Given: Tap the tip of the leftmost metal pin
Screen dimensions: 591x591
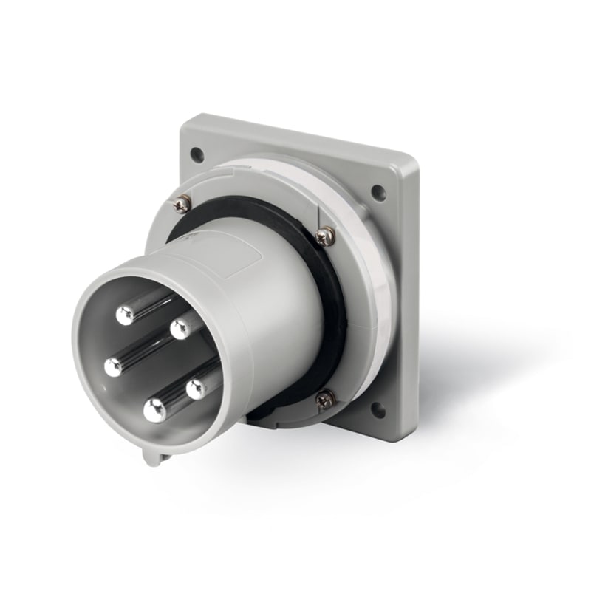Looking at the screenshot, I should click(113, 366).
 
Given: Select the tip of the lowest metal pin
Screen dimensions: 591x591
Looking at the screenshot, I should click(154, 410).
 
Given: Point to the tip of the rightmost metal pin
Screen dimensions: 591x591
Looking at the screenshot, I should click(197, 389).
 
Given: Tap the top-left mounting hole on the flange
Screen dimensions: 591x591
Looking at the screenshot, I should click(197, 154).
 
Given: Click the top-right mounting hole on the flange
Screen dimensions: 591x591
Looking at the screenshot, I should click(378, 193).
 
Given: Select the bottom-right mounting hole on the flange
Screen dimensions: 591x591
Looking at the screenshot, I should click(378, 409).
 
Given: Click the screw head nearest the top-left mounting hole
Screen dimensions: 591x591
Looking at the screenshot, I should click(182, 203).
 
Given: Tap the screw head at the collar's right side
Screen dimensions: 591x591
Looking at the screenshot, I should click(324, 236).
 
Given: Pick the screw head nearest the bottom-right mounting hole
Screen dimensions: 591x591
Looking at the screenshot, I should click(326, 400).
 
